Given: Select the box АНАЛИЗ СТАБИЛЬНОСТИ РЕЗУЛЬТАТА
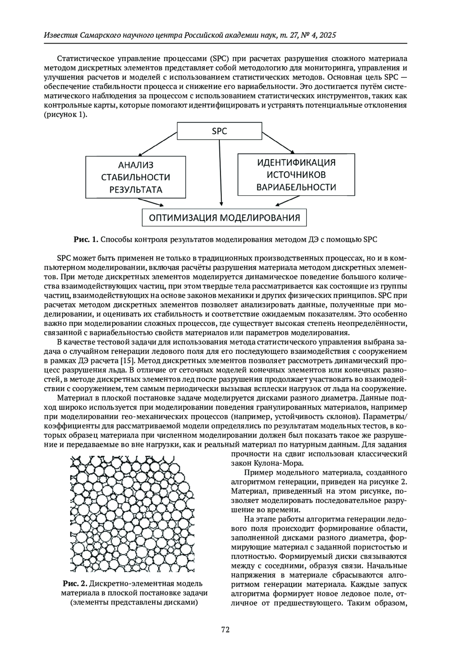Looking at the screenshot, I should point(136,177).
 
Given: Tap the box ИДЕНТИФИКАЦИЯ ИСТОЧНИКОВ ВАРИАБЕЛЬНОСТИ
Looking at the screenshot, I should point(296,175).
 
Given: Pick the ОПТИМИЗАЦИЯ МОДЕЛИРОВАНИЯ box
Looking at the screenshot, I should point(224,218).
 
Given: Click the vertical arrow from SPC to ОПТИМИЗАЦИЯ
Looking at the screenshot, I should point(220,173).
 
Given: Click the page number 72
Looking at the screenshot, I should point(226,630).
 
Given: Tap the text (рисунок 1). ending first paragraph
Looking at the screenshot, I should point(65,115).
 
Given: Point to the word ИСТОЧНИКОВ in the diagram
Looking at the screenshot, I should point(296,175).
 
